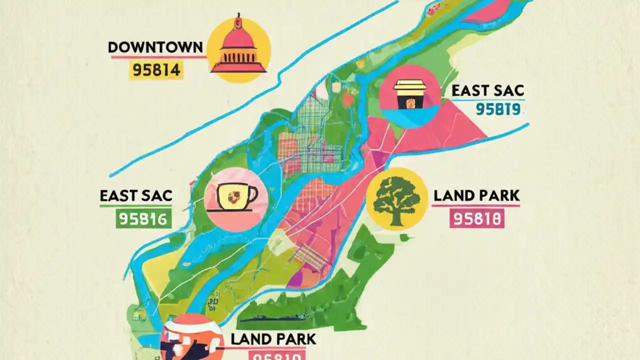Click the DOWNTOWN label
click(x=155, y=47)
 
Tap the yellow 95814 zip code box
click(x=155, y=69)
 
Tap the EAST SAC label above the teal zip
click(x=487, y=90)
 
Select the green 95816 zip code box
click(x=144, y=218)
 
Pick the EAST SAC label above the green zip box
click(x=136, y=195)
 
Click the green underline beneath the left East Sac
click(x=136, y=205)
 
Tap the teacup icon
click(x=236, y=199)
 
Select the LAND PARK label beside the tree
click(x=476, y=195)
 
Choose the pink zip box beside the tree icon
click(x=476, y=218)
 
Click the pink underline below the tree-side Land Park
click(x=476, y=205)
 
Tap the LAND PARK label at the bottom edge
click(x=273, y=339)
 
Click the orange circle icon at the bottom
click(x=192, y=337)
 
